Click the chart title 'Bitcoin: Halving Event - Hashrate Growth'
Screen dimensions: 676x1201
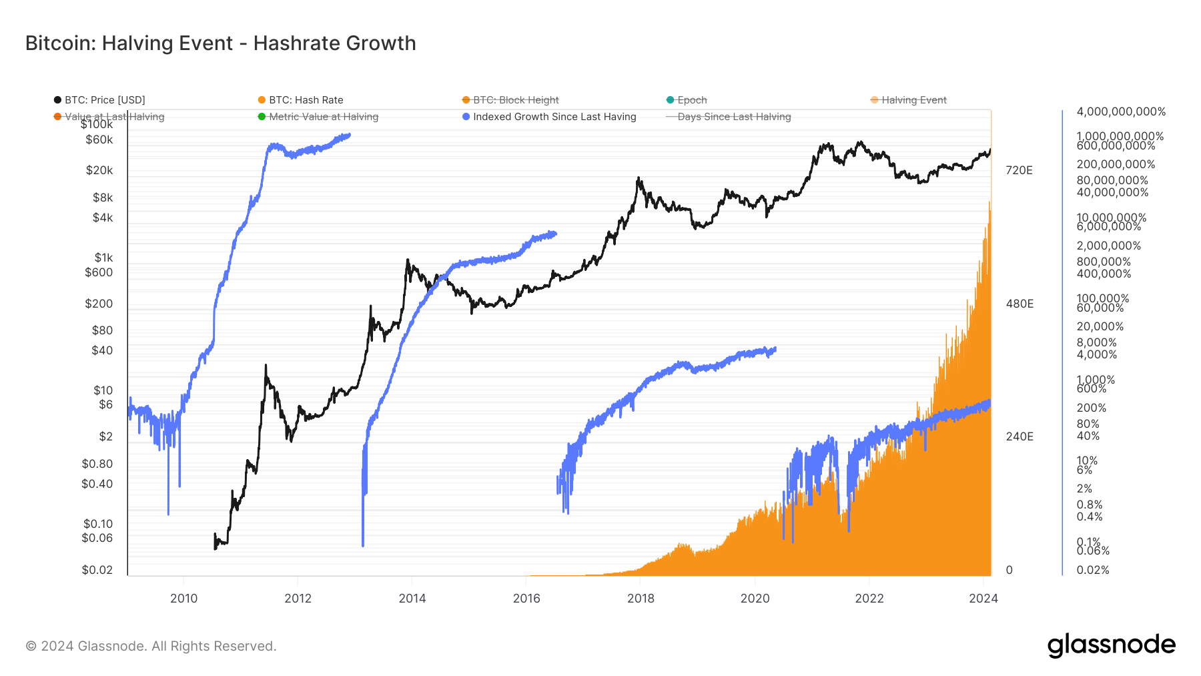(x=220, y=43)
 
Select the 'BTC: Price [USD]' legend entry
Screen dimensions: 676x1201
(x=104, y=100)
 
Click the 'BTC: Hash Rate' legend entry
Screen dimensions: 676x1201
(x=306, y=100)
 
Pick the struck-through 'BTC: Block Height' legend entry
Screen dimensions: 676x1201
(x=515, y=100)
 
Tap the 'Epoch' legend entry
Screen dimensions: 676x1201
(x=691, y=100)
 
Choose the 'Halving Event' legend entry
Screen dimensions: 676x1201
(x=913, y=100)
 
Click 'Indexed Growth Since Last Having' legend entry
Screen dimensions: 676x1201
(x=554, y=117)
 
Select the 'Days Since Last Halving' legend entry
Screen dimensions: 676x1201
(x=733, y=117)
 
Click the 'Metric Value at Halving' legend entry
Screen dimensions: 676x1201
(x=323, y=117)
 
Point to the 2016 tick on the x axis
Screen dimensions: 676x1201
(x=526, y=599)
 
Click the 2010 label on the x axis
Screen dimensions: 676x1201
(x=183, y=599)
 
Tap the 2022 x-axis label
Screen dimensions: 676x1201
(x=869, y=599)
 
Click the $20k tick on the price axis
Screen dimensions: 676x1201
(x=99, y=170)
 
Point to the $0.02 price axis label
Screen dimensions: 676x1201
(x=97, y=570)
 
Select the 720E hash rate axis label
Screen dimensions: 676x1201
(x=1019, y=170)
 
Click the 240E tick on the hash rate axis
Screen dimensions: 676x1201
(x=1019, y=436)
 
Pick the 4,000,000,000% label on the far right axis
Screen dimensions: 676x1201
(x=1121, y=111)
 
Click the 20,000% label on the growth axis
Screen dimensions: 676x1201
(x=1100, y=326)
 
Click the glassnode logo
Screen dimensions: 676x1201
(x=1111, y=645)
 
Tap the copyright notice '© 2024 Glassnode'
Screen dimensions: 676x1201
(x=151, y=646)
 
